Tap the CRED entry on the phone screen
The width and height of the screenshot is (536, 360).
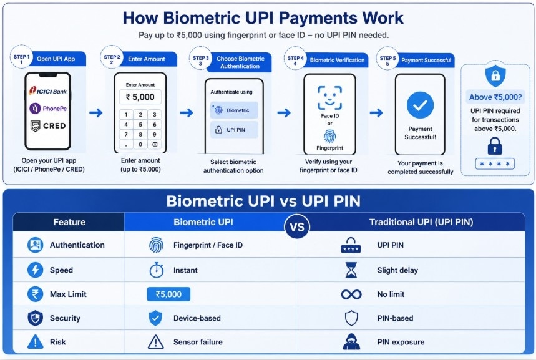(x=48, y=125)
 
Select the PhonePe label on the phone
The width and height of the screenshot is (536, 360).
(x=48, y=109)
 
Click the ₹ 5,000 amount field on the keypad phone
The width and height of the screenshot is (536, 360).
(x=140, y=97)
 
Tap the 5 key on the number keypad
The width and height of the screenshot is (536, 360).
(x=140, y=124)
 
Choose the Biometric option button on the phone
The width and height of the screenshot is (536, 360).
(x=233, y=110)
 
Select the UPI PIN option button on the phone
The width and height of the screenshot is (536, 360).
(x=233, y=130)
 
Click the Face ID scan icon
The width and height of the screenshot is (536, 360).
(x=329, y=97)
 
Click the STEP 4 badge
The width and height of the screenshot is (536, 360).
(x=295, y=60)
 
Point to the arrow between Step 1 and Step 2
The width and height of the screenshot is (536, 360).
(x=95, y=112)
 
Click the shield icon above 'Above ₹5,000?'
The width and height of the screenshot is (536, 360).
(x=495, y=75)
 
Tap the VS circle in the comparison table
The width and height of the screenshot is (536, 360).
(x=297, y=227)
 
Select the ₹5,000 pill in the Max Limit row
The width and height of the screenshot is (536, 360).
(x=168, y=294)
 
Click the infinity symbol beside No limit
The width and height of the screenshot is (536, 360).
(x=351, y=294)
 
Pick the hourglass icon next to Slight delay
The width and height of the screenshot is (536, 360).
(x=351, y=270)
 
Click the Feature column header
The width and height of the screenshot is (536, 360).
(x=69, y=222)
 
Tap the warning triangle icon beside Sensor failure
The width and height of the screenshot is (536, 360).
(x=155, y=342)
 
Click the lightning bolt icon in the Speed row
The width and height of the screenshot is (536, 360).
(x=36, y=270)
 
